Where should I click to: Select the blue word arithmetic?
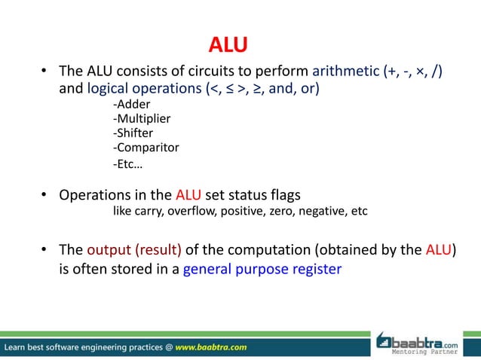[346, 72]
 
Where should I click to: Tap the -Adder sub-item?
[132, 105]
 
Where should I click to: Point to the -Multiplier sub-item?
[142, 119]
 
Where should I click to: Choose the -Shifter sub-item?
[133, 133]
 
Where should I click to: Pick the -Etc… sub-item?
[127, 163]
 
